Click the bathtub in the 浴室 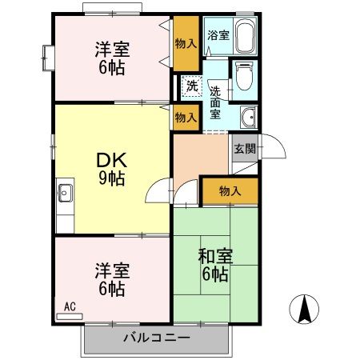coord(242,36)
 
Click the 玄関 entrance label coord(244,148)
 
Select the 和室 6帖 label coord(214,266)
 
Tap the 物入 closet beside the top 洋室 coord(186,42)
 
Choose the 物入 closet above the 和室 coord(230,191)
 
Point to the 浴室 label coord(218,34)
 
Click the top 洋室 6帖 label coord(110,58)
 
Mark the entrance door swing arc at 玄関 coord(272,147)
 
